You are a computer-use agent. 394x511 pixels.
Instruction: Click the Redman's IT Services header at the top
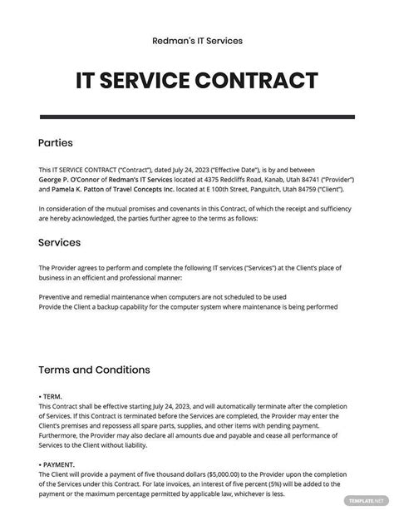click(x=197, y=40)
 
